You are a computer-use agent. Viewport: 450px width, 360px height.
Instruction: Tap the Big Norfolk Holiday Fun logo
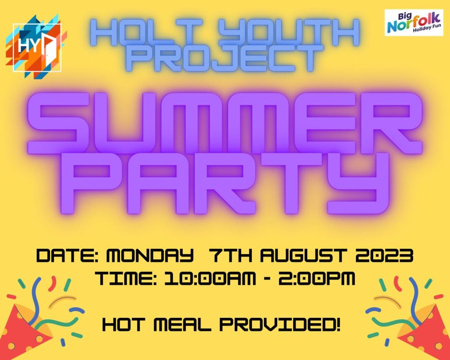tap(414, 22)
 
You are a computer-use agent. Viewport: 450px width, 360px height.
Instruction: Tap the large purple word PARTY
tap(225, 184)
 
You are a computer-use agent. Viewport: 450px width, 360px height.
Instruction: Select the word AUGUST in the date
tap(304, 255)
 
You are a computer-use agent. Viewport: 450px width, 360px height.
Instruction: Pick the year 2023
tap(384, 255)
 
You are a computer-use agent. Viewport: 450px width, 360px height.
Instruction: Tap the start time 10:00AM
tap(210, 279)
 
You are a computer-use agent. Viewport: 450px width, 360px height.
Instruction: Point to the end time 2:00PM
tap(316, 279)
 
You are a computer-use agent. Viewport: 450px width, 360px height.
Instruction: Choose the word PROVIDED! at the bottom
tap(280, 325)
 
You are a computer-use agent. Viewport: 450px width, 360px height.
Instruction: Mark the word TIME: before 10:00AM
tap(126, 279)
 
